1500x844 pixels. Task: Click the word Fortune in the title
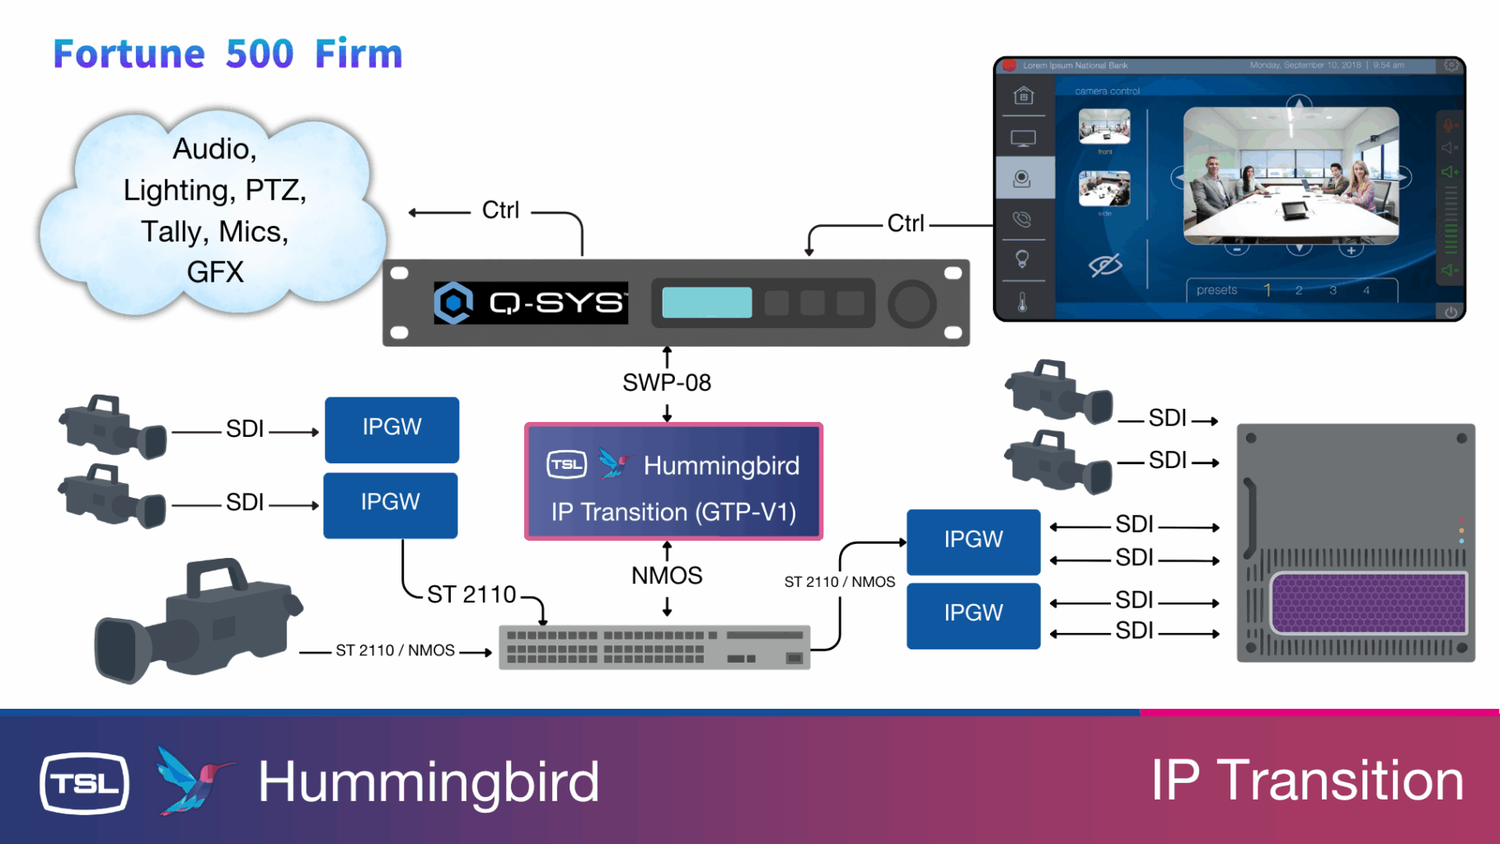pyautogui.click(x=129, y=54)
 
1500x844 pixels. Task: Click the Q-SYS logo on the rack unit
pyautogui.click(x=531, y=302)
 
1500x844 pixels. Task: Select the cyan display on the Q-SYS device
pyautogui.click(x=706, y=302)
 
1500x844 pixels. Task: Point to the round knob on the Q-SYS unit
pyautogui.click(x=912, y=303)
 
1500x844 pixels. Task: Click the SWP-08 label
pyautogui.click(x=667, y=382)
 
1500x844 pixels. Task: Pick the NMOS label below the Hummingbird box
pyautogui.click(x=667, y=575)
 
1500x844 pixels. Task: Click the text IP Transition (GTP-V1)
pyautogui.click(x=673, y=512)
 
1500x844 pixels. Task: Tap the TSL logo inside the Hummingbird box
pyautogui.click(x=567, y=465)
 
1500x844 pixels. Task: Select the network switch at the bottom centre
pyautogui.click(x=654, y=647)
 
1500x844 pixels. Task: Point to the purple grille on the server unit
pyautogui.click(x=1368, y=603)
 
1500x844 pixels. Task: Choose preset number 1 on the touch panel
pyautogui.click(x=1268, y=290)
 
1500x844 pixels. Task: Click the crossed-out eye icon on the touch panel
pyautogui.click(x=1105, y=265)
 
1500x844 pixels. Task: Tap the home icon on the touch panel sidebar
pyautogui.click(x=1024, y=96)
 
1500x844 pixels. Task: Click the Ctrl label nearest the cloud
pyautogui.click(x=500, y=210)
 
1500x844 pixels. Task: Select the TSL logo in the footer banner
pyautogui.click(x=84, y=783)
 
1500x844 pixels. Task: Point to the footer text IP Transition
pyautogui.click(x=1306, y=781)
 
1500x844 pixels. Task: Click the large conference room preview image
pyautogui.click(x=1291, y=175)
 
